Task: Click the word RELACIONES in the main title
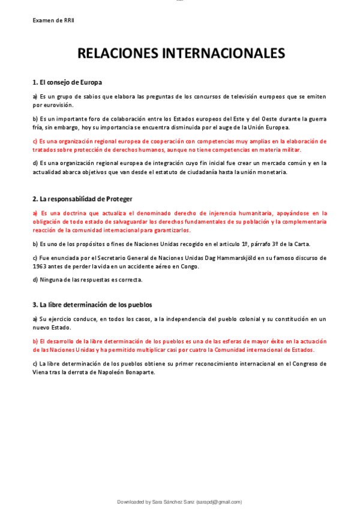[117, 53]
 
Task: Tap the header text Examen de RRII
[53, 20]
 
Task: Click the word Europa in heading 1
[89, 82]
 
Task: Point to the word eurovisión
[53, 104]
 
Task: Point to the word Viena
[41, 372]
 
